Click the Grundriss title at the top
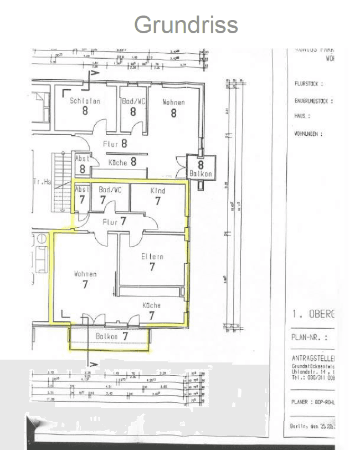pos(186,25)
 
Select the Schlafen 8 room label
pos(85,106)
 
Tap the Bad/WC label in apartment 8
pos(133,106)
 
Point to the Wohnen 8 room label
pos(173,107)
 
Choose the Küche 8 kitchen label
pos(122,162)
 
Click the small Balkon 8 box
pos(200,168)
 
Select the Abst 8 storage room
pos(81,165)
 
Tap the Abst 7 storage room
pos(81,195)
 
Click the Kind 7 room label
pos(158,196)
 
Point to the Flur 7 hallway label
pos(115,221)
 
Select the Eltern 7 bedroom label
pos(152,262)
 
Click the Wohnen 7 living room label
pos(85,279)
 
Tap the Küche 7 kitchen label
pos(151,310)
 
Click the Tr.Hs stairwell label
pos(42,181)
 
